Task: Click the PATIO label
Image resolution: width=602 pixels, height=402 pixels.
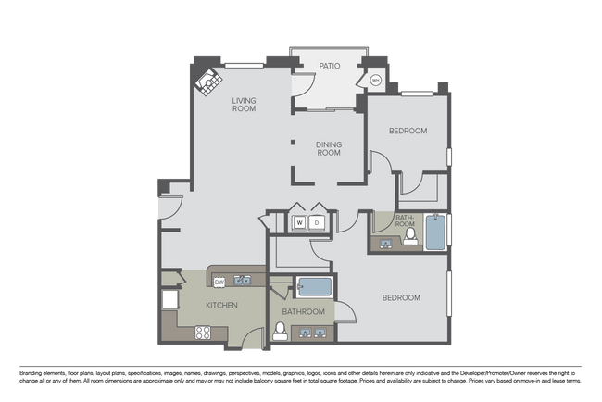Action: click(330, 67)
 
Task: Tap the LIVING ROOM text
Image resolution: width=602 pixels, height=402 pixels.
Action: click(245, 105)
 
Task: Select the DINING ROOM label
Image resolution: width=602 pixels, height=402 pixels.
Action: click(329, 149)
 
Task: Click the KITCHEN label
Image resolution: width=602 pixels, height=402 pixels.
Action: click(221, 306)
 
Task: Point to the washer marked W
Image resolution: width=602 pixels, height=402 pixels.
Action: click(300, 222)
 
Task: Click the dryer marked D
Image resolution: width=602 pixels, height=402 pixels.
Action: click(316, 222)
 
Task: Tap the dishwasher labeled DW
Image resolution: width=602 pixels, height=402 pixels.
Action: click(219, 282)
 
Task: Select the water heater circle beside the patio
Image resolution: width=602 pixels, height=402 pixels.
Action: click(375, 81)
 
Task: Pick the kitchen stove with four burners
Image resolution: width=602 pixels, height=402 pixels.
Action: click(204, 333)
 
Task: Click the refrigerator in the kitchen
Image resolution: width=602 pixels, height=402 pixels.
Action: click(170, 301)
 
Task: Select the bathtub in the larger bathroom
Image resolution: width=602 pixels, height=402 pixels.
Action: click(313, 286)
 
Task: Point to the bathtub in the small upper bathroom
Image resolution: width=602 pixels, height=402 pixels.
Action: click(435, 232)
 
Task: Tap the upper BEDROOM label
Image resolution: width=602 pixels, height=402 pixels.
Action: click(408, 132)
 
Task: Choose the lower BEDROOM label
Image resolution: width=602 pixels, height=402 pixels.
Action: click(402, 298)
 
